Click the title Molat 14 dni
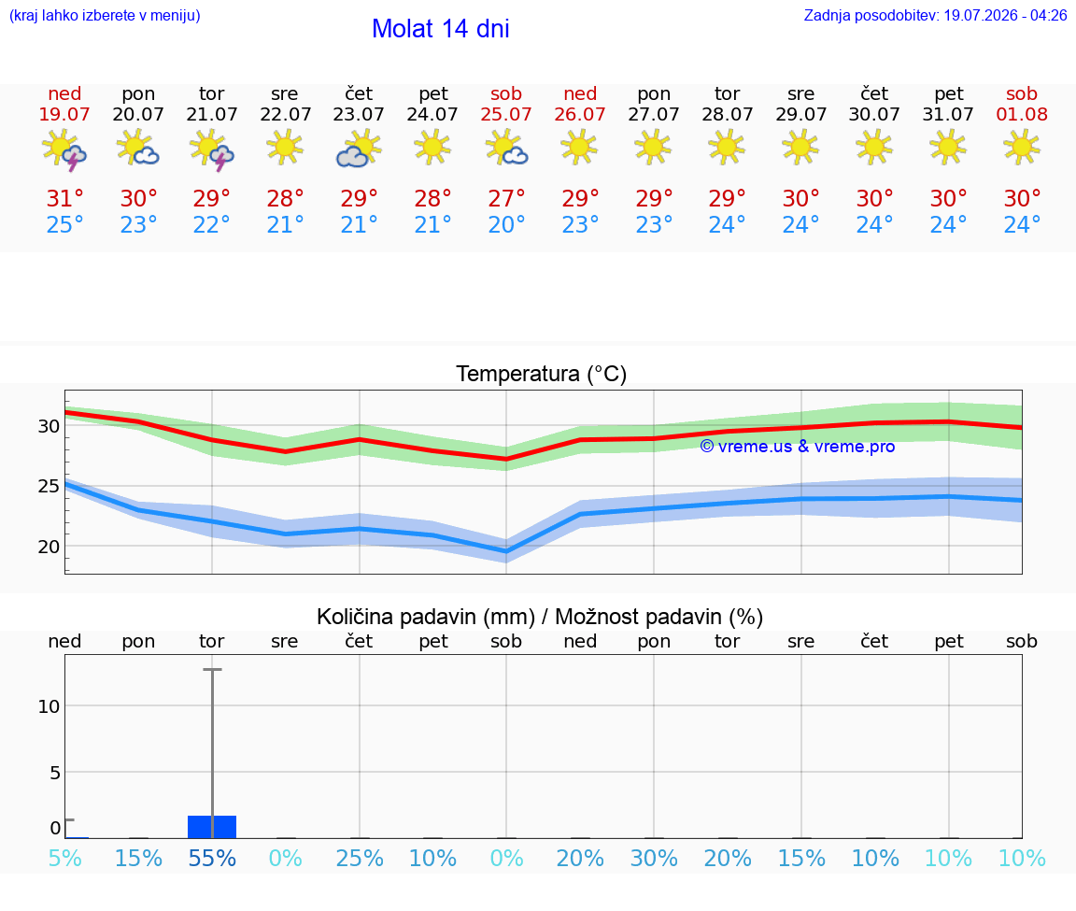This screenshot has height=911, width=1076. (x=441, y=29)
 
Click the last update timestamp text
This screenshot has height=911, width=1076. (x=935, y=15)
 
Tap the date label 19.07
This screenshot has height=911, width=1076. (x=64, y=115)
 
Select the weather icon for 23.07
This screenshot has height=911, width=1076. (x=359, y=149)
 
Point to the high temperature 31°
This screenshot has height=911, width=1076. (x=65, y=198)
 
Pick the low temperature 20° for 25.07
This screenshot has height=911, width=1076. (x=506, y=224)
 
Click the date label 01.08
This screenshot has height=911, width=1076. (x=1022, y=115)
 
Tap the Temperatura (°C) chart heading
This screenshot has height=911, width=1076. (x=542, y=374)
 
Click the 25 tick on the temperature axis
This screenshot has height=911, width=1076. (x=48, y=486)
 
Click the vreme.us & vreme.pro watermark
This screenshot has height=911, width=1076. (x=798, y=447)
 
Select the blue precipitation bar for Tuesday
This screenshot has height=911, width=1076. (x=212, y=827)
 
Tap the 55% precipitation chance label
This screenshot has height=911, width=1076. (x=212, y=858)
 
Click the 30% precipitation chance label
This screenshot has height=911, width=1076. (x=654, y=858)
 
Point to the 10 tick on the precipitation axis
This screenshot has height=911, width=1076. (x=49, y=706)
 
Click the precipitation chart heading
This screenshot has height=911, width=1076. (x=540, y=618)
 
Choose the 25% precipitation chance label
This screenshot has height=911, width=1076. (x=360, y=858)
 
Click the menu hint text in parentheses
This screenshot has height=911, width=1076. (x=105, y=15)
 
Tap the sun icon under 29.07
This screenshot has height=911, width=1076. (x=800, y=148)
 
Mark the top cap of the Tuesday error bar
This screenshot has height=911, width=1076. (x=212, y=669)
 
